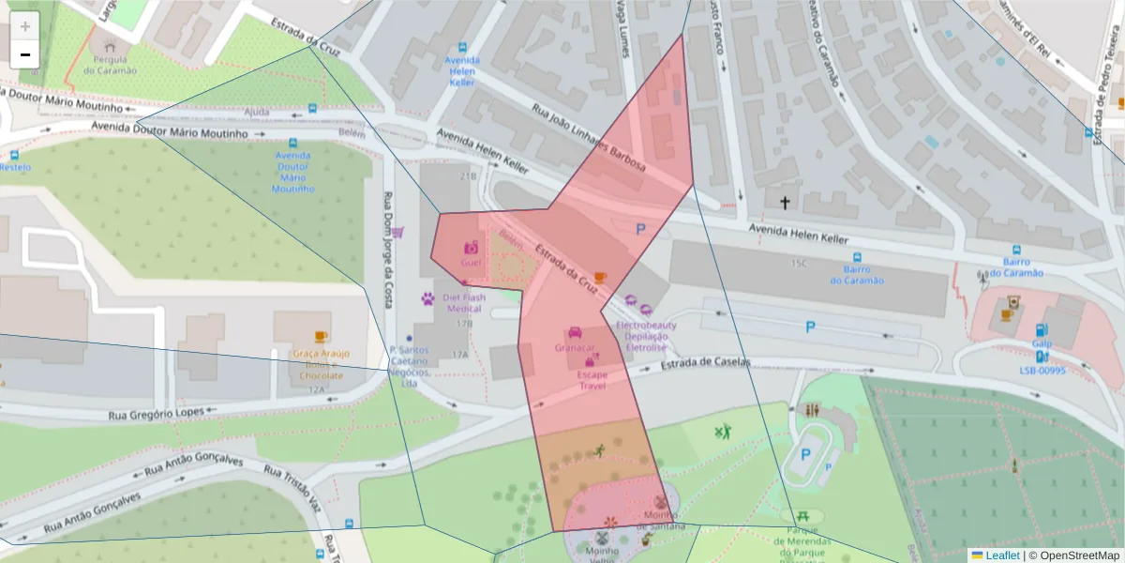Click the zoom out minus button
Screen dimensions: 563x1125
point(25,54)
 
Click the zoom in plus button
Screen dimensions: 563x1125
point(25,26)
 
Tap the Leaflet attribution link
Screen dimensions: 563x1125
point(1001,555)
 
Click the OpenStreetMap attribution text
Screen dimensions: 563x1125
point(1079,555)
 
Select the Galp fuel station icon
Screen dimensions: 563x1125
point(1041,329)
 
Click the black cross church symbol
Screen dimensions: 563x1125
point(785,202)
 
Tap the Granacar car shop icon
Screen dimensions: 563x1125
point(575,333)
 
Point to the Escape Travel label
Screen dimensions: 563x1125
point(592,380)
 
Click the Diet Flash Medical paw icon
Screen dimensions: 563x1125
point(427,299)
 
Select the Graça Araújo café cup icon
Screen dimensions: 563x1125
point(321,337)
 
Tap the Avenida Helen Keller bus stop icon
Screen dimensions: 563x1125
point(461,48)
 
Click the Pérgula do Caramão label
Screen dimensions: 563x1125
point(111,65)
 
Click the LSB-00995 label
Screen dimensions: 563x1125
point(1042,371)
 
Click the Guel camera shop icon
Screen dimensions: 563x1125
point(471,248)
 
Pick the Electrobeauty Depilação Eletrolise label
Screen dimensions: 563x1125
point(645,336)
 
